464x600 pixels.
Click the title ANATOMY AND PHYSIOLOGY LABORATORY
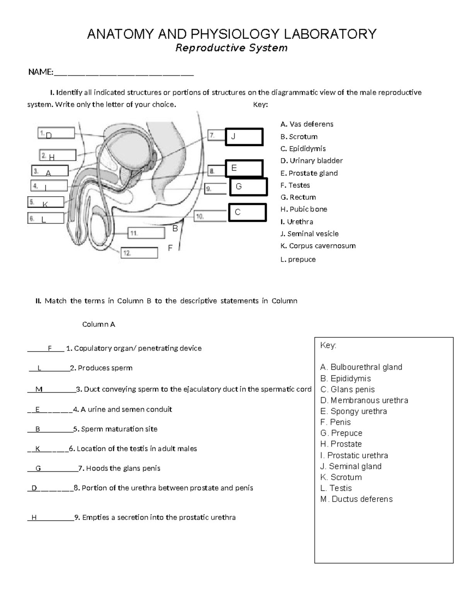(x=232, y=34)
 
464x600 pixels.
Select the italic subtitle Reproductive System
(x=232, y=48)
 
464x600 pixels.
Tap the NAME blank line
(x=124, y=73)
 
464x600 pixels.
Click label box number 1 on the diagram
(x=56, y=133)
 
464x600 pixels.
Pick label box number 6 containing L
(x=46, y=218)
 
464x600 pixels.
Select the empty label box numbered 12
(x=140, y=253)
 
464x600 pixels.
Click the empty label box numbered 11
(x=146, y=233)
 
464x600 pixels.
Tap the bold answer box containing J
(x=244, y=137)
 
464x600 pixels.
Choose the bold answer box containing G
(x=248, y=187)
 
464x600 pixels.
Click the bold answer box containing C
(x=247, y=212)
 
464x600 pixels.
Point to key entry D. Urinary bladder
(x=311, y=161)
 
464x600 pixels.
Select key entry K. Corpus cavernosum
(x=318, y=246)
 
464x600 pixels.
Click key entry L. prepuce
(x=298, y=260)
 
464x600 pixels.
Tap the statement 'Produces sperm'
(x=105, y=368)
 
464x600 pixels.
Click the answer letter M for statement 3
(x=39, y=389)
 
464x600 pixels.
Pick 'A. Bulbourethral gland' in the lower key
(x=361, y=367)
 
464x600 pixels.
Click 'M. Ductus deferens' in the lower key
(x=356, y=499)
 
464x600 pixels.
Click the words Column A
(x=99, y=325)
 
